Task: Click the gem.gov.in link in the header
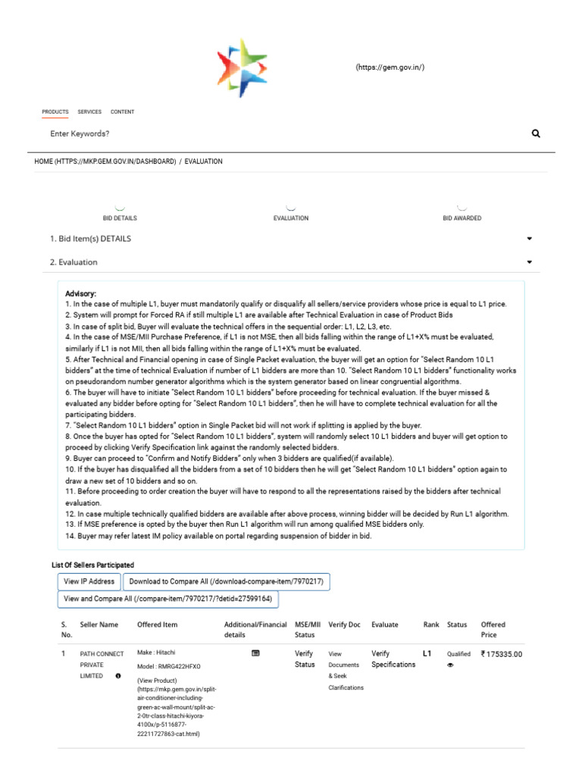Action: [x=390, y=67]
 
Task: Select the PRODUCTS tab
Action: [x=55, y=112]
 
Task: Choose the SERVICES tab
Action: [x=89, y=112]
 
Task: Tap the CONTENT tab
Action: [x=122, y=112]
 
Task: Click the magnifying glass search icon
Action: [x=536, y=133]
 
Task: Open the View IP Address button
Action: [x=89, y=581]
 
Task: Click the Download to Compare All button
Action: [x=227, y=581]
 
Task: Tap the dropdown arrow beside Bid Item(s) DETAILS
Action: [x=529, y=239]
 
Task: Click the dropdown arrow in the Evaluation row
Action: [x=529, y=262]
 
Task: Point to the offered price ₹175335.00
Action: [x=502, y=654]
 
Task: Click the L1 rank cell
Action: [x=427, y=652]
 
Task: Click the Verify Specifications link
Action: [x=393, y=659]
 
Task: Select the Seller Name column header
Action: [x=99, y=625]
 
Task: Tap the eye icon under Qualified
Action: [x=450, y=665]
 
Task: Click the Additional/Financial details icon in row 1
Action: [x=255, y=652]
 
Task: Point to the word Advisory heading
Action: [x=81, y=293]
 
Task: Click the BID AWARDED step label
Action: [x=462, y=218]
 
